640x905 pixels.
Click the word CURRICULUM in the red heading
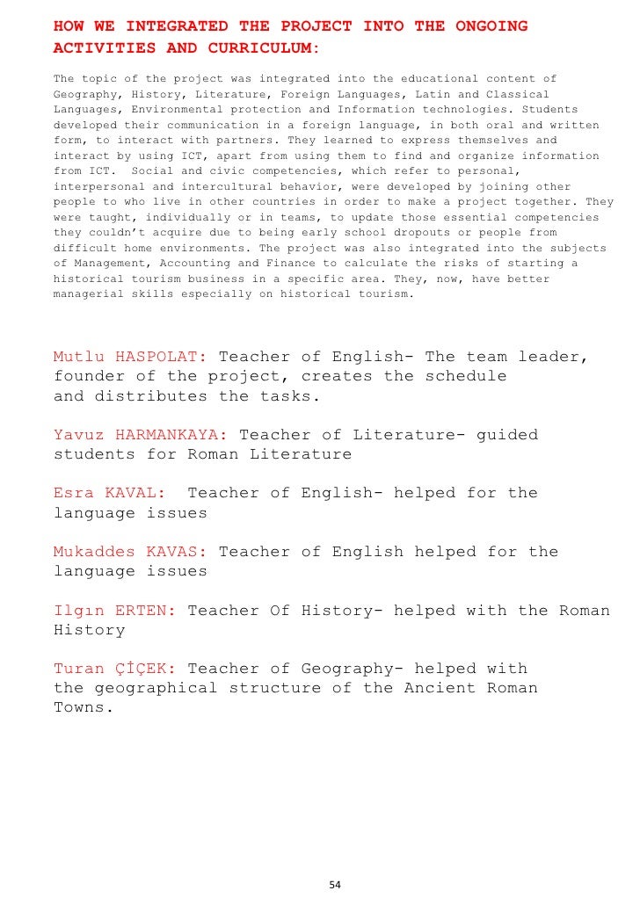256,47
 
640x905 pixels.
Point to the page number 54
334,884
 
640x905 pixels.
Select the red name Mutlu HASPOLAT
130,357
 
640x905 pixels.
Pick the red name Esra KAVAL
109,493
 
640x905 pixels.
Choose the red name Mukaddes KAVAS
130,552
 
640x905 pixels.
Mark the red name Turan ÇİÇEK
114,669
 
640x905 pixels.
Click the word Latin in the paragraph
433,94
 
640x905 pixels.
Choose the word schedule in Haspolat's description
465,376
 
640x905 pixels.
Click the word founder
85,376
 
